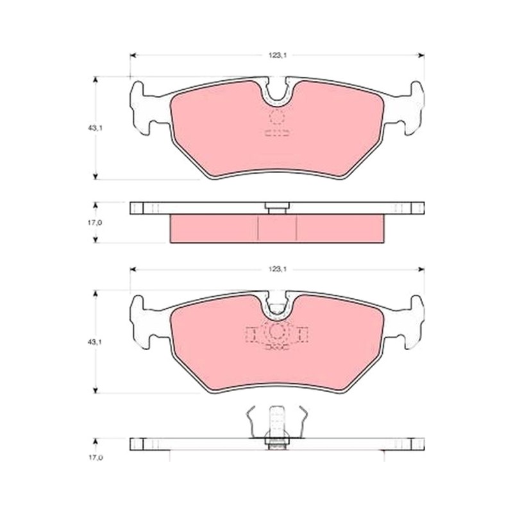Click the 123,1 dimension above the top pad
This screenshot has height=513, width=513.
coord(278,55)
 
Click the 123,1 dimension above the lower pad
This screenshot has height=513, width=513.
coord(278,269)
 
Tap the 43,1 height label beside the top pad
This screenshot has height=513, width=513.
coord(95,128)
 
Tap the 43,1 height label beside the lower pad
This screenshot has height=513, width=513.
coord(95,342)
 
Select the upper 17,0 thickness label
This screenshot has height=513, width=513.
coord(95,223)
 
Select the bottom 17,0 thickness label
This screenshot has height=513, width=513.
coord(95,458)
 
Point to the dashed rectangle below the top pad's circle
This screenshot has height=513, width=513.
coord(277,133)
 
